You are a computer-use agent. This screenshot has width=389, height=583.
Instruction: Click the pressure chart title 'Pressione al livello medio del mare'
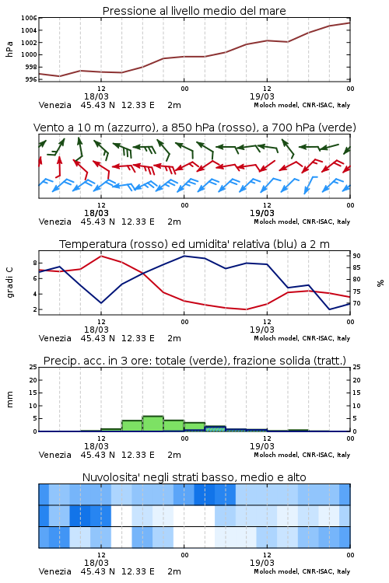coord(194,11)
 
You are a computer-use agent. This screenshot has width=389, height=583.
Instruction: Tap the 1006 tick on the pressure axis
coord(29,18)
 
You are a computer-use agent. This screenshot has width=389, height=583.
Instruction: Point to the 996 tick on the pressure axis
coord(31,79)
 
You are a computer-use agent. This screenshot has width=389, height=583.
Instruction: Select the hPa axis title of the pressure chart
coord(9,49)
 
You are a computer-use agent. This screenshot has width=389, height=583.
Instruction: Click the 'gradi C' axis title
coord(10,282)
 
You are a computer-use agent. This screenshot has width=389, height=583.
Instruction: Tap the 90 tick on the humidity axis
coord(356,256)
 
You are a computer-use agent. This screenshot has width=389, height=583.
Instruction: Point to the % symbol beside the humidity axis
coord(380,283)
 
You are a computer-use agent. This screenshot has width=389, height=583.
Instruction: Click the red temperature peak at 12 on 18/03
coord(101,256)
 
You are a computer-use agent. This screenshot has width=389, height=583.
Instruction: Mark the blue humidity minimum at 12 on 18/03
coord(101,302)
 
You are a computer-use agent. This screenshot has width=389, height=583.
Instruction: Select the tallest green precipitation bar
coord(153,424)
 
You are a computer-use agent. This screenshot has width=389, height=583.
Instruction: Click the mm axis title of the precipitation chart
coord(9,400)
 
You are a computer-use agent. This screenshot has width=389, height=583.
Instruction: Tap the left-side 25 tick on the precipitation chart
coord(33,367)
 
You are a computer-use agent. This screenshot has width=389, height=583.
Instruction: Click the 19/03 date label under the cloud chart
coord(262,563)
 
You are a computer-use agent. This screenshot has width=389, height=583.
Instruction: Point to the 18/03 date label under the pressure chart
coord(96,96)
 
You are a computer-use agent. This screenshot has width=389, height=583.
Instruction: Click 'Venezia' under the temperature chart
coord(54,338)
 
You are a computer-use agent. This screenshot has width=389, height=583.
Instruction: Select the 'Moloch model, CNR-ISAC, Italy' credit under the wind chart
coord(302,222)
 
